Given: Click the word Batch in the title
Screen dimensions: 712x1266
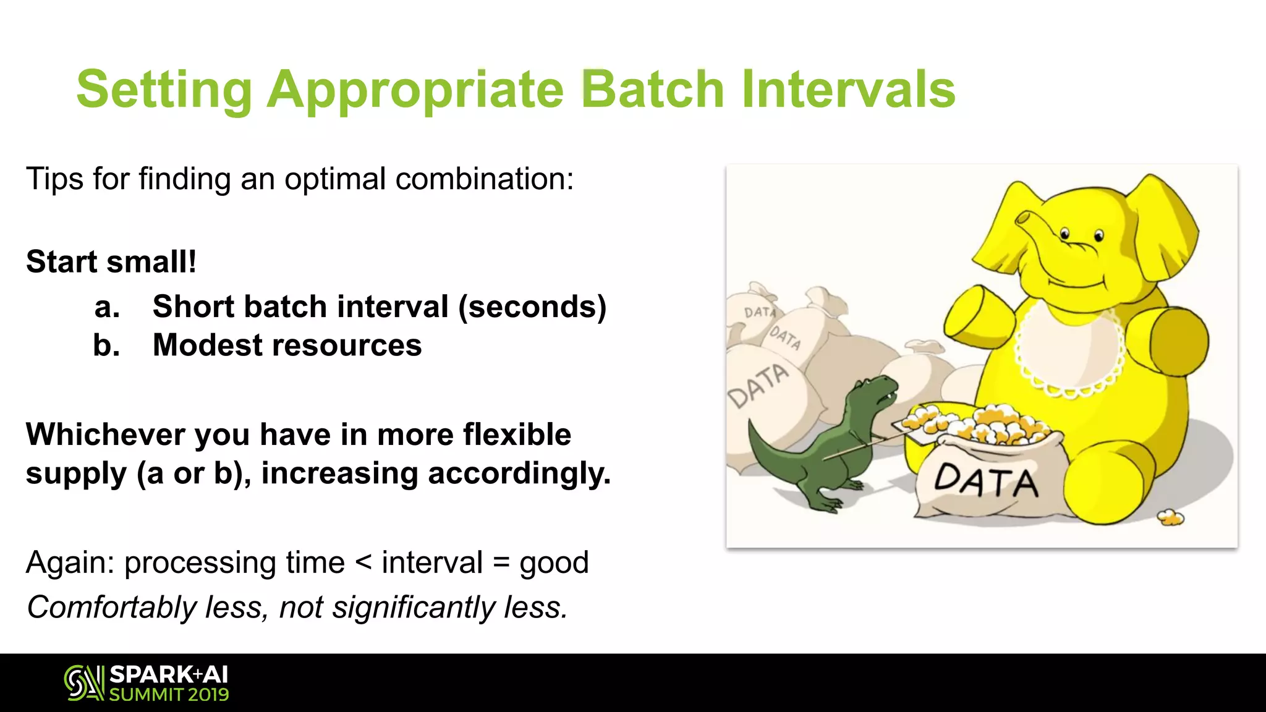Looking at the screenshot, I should tap(652, 89).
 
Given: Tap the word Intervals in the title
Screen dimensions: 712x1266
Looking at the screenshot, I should tap(848, 89).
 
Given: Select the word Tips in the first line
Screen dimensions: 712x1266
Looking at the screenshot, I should tap(54, 179).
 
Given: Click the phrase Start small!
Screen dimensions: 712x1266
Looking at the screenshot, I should tap(111, 262).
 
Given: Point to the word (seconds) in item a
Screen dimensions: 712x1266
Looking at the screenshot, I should tap(532, 307).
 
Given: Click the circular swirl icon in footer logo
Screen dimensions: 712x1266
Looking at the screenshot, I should tap(79, 683).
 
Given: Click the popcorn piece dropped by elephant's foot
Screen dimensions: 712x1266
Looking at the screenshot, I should tap(1170, 517).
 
